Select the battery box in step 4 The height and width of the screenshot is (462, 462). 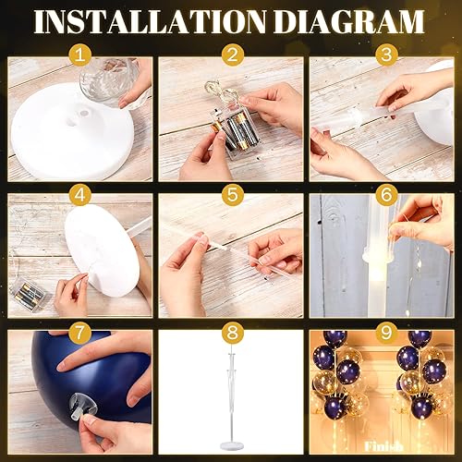[32, 274]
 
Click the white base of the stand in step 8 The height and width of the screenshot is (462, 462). [230, 447]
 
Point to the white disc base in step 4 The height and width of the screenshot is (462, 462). [106, 254]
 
